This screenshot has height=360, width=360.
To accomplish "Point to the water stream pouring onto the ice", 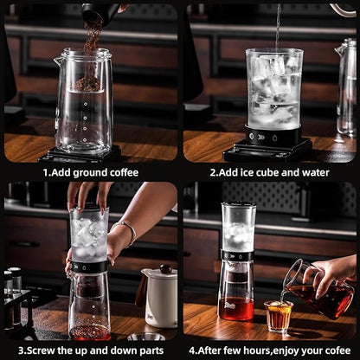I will click(278, 26).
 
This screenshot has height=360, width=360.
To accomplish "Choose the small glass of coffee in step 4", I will click(278, 316).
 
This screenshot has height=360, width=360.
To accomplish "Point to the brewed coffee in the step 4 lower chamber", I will click(235, 307).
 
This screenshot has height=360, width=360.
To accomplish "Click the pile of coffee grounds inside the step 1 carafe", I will click(87, 84).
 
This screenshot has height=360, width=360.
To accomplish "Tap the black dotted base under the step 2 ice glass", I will click(273, 137).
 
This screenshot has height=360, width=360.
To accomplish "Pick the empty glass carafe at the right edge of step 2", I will click(347, 87).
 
